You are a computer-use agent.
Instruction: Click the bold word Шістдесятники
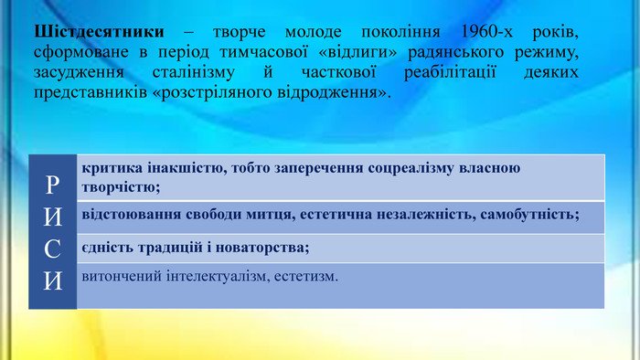[x=99, y=31]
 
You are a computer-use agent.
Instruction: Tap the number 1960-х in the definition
[x=486, y=31]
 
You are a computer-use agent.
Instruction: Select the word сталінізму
[x=194, y=72]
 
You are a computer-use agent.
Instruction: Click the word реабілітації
[x=450, y=72]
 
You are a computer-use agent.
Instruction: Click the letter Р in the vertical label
[x=52, y=185]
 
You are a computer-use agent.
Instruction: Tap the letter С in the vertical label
[x=52, y=249]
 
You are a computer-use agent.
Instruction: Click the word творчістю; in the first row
[x=121, y=187]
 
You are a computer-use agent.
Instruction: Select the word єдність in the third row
[x=107, y=248]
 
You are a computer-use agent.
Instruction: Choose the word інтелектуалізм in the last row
[x=218, y=277]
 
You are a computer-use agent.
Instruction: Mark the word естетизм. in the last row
[x=306, y=277]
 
